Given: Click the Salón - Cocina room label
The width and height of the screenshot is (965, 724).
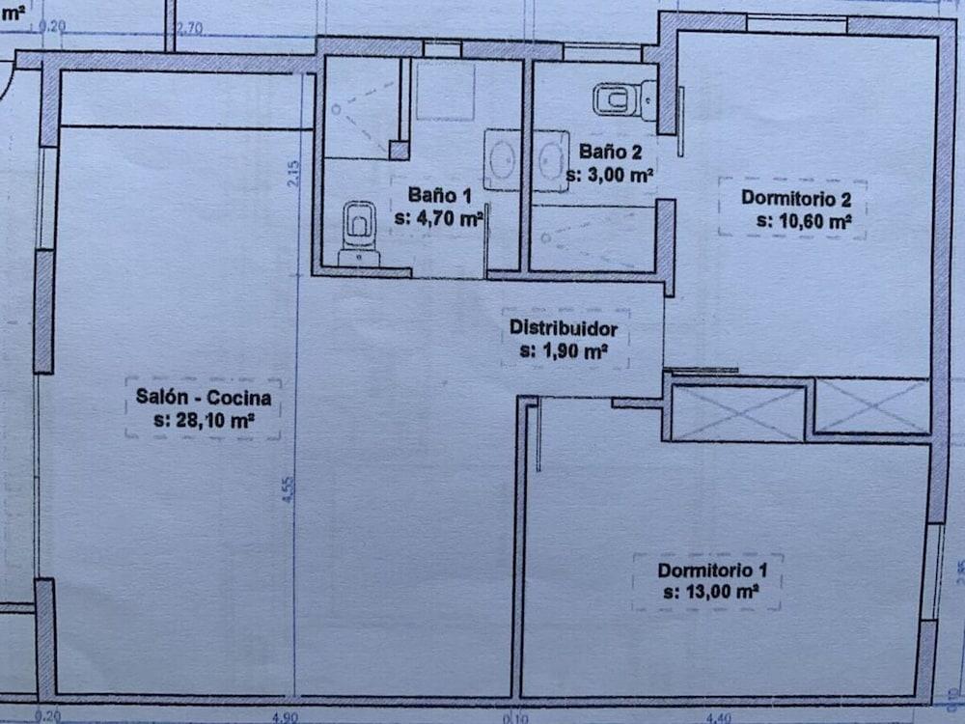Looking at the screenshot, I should click(204, 398).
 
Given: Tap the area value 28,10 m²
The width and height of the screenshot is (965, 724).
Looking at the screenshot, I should click(204, 421).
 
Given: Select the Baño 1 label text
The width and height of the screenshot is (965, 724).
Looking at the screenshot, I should click(438, 196).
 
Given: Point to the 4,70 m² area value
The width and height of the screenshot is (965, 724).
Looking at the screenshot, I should click(439, 218).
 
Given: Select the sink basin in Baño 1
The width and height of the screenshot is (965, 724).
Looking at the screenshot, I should click(502, 160).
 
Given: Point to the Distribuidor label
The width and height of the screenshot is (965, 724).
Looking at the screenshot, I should click(564, 328).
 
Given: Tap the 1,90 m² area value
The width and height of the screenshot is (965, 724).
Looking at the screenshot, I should click(564, 350).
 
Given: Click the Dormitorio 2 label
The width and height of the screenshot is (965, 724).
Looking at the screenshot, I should click(795, 199).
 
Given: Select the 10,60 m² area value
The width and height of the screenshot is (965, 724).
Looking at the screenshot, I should click(803, 221).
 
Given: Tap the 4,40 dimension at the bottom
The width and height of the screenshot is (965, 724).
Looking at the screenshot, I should click(720, 716).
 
